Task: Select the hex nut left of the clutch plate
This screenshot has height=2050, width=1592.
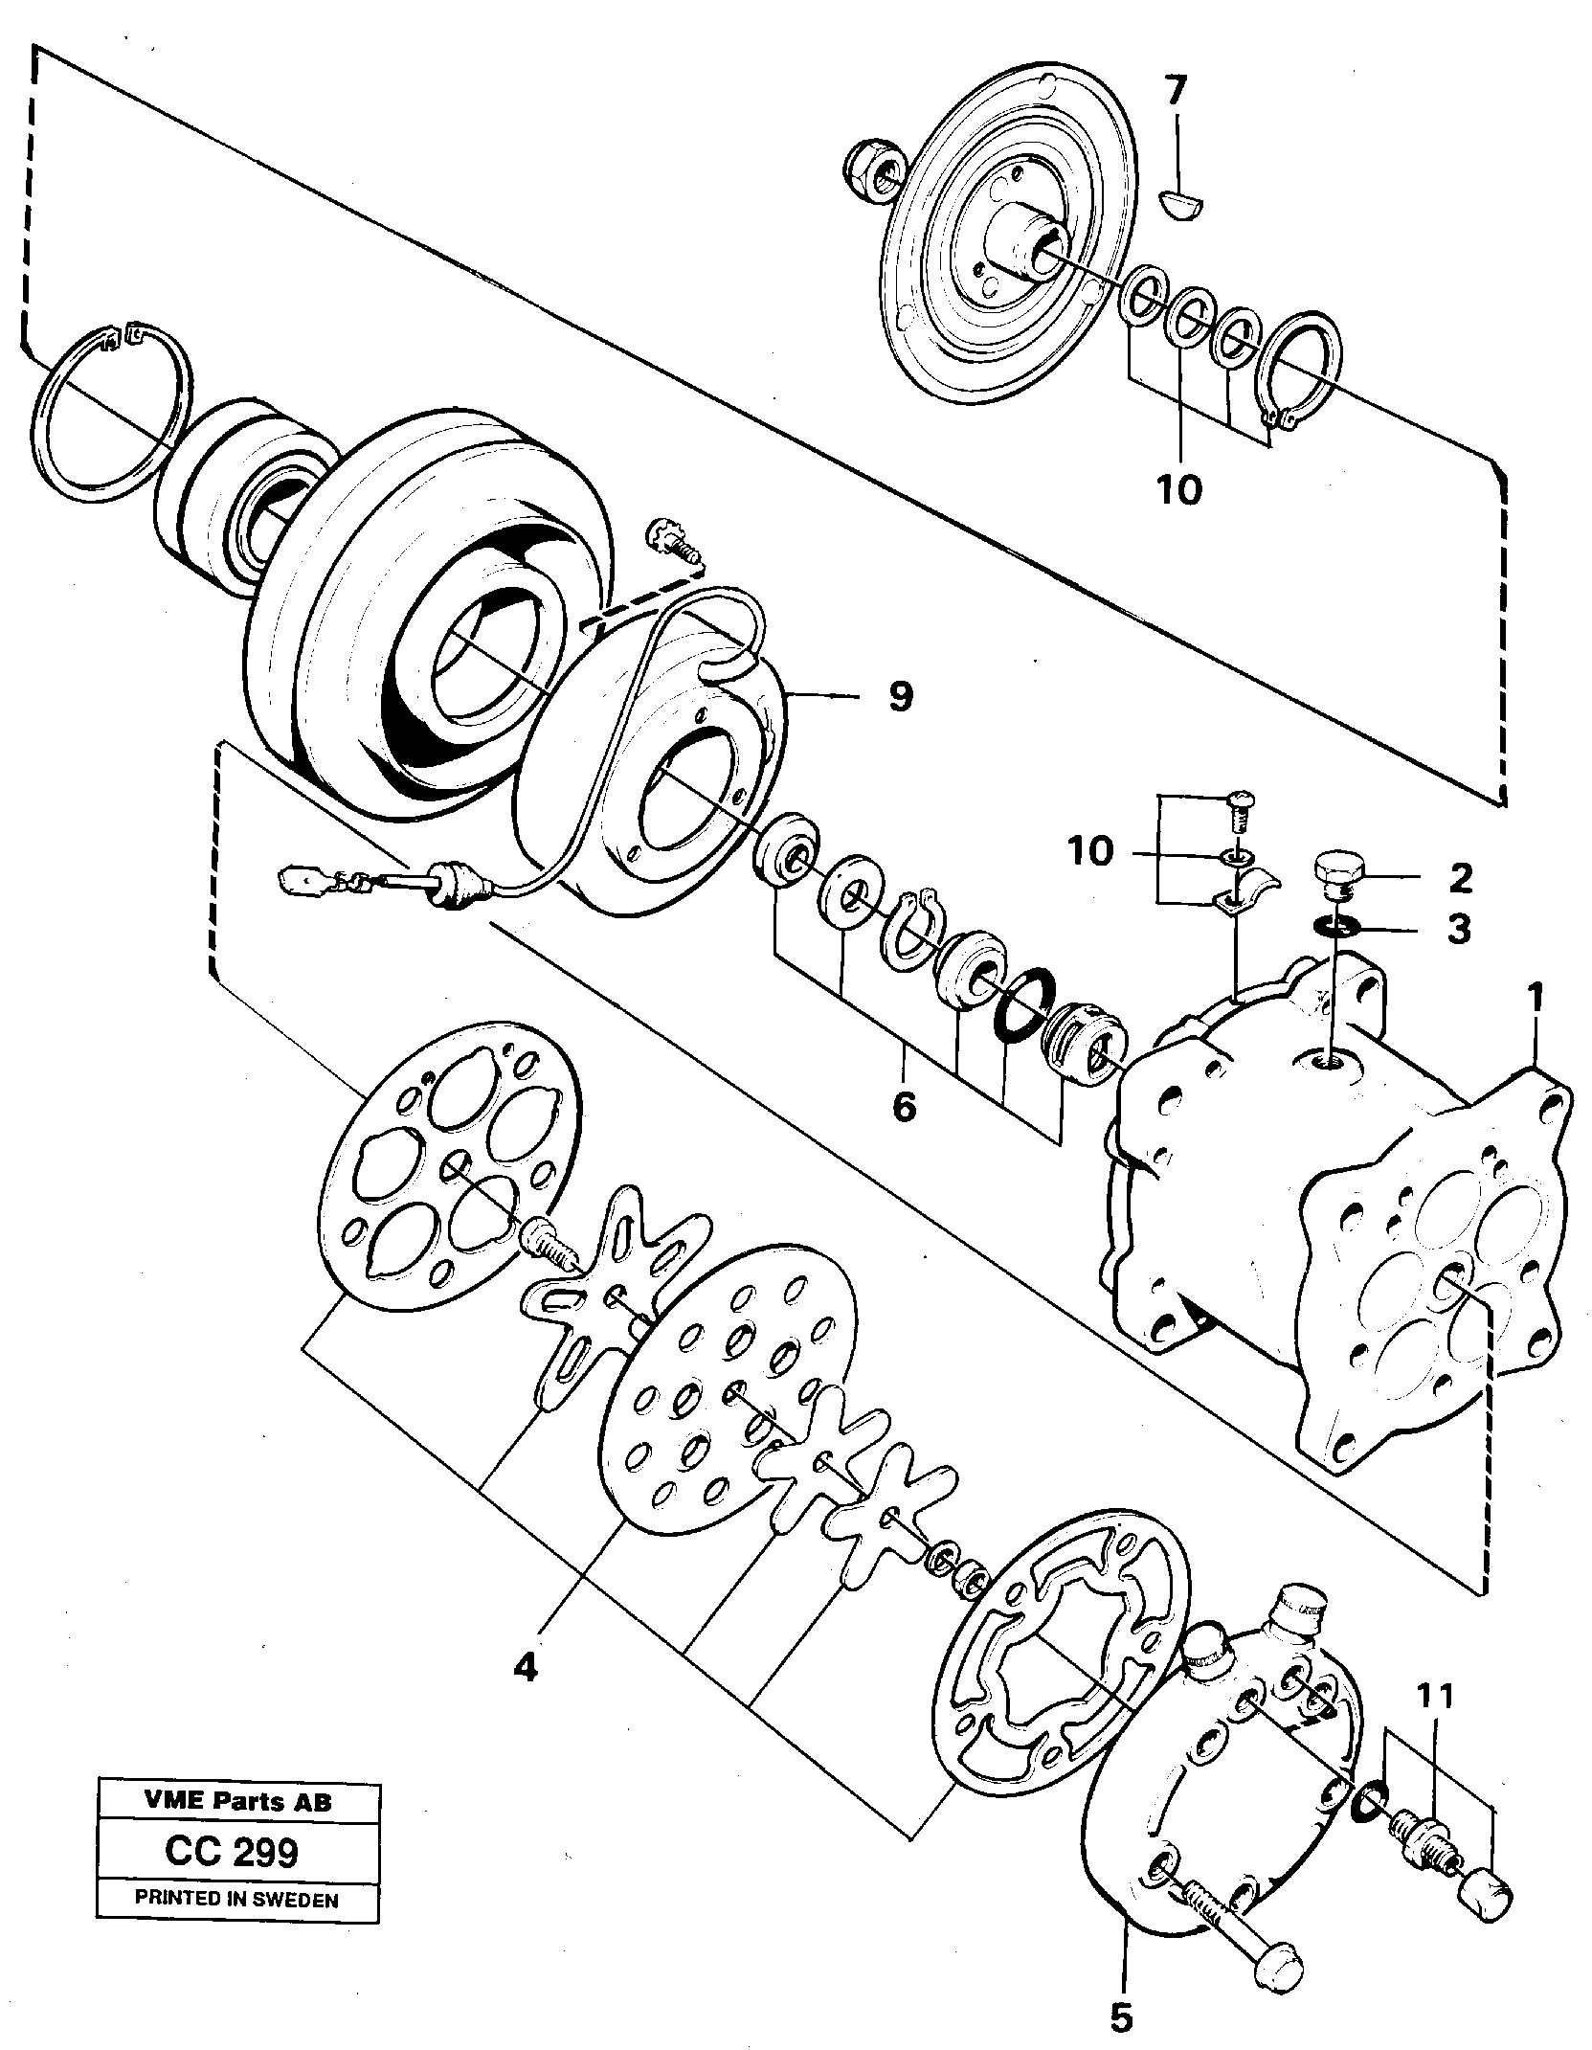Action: [x=873, y=172]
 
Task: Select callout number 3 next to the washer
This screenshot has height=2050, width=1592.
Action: [x=1457, y=929]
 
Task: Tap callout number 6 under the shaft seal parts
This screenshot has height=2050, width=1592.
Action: [x=903, y=1107]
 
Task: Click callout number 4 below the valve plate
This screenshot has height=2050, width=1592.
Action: [x=525, y=1668]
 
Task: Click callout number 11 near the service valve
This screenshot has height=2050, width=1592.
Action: [x=1435, y=1696]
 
